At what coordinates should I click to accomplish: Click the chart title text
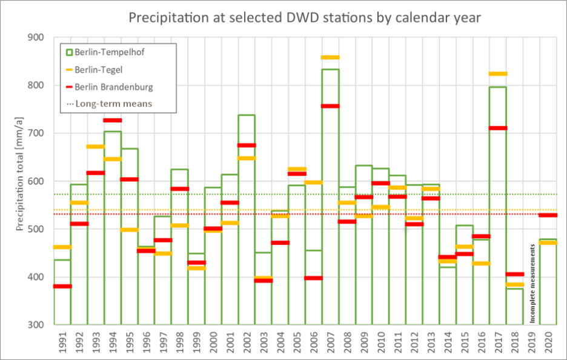click(x=305, y=18)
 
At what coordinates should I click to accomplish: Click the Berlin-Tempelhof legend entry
click(x=109, y=52)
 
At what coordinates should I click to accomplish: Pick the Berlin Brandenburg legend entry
click(x=113, y=87)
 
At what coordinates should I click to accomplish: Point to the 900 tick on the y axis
click(x=38, y=38)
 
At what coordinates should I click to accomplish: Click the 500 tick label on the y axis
click(x=38, y=229)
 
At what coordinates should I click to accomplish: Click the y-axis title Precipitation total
click(x=20, y=182)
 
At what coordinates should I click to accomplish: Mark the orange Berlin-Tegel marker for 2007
click(x=330, y=58)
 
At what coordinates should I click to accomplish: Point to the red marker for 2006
click(x=313, y=278)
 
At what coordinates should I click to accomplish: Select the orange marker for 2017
click(x=498, y=74)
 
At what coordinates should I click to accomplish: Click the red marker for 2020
click(x=548, y=215)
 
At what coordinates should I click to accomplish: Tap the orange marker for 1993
click(x=96, y=147)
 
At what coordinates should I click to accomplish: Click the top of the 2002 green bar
click(x=247, y=115)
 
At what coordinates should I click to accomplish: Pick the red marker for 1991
click(x=62, y=286)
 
